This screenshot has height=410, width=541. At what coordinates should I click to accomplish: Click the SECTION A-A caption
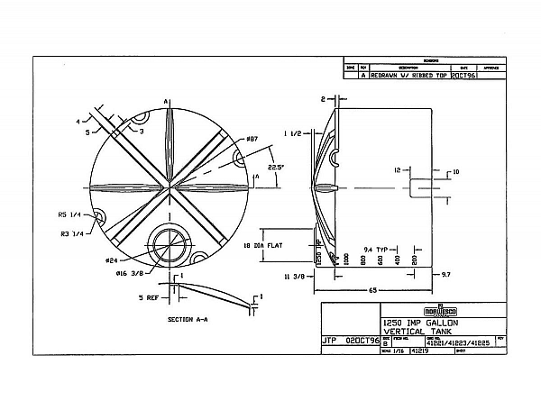[x=188, y=319]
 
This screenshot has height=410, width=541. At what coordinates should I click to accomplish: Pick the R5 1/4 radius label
[x=71, y=215]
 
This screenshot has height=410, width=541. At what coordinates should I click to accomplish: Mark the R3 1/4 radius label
[x=71, y=232]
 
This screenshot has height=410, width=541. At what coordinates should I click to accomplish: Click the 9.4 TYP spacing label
[x=375, y=247]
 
